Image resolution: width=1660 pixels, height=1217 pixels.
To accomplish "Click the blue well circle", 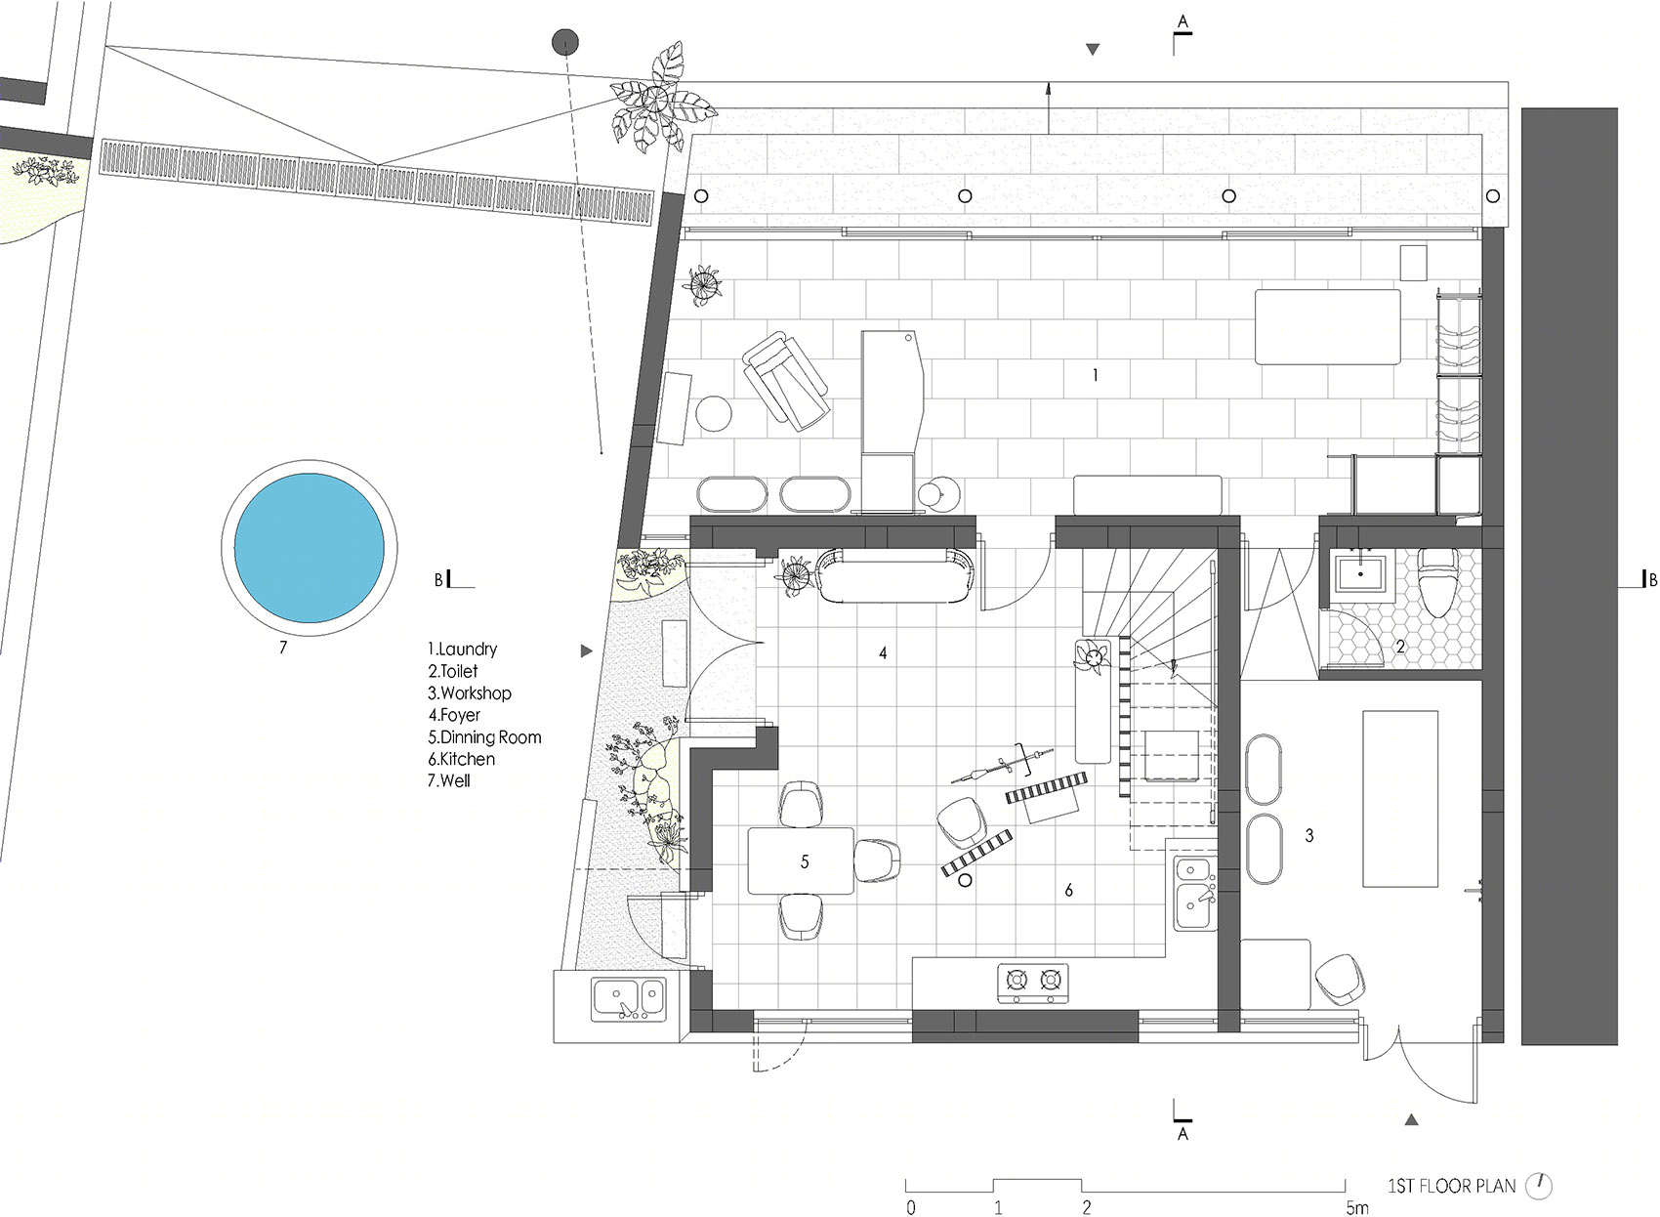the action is pyautogui.click(x=309, y=548).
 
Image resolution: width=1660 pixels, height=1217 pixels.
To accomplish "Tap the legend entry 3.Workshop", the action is pyautogui.click(x=469, y=693).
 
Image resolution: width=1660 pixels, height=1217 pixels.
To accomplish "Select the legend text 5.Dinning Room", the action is pyautogui.click(x=484, y=737).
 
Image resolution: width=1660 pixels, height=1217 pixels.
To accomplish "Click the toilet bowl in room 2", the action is pyautogui.click(x=1437, y=582).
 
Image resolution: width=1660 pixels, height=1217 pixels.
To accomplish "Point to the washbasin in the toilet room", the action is pyautogui.click(x=1360, y=575).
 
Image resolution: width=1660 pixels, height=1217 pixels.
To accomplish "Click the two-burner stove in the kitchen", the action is pyautogui.click(x=1033, y=983).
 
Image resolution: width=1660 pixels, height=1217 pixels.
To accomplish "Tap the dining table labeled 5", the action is pyautogui.click(x=801, y=861).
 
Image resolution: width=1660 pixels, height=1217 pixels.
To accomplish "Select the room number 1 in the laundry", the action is pyautogui.click(x=1096, y=376).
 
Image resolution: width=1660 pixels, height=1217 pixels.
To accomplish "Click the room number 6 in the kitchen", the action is pyautogui.click(x=1068, y=890).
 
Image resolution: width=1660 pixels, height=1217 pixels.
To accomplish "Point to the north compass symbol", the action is pyautogui.click(x=1539, y=1186).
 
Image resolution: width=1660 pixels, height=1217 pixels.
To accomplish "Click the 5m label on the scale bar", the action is pyautogui.click(x=1357, y=1208).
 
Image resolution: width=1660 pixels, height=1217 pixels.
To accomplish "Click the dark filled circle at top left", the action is pyautogui.click(x=564, y=42).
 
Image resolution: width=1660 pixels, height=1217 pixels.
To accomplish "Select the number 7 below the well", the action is pyautogui.click(x=283, y=647).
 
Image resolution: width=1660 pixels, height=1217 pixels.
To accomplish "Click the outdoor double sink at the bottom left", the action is pyautogui.click(x=629, y=998).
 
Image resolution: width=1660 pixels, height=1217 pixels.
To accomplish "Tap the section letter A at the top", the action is pyautogui.click(x=1183, y=21).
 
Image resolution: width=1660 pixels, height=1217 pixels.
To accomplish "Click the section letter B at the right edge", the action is pyautogui.click(x=1652, y=579).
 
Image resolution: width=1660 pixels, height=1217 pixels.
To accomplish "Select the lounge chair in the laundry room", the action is pyautogui.click(x=785, y=381).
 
